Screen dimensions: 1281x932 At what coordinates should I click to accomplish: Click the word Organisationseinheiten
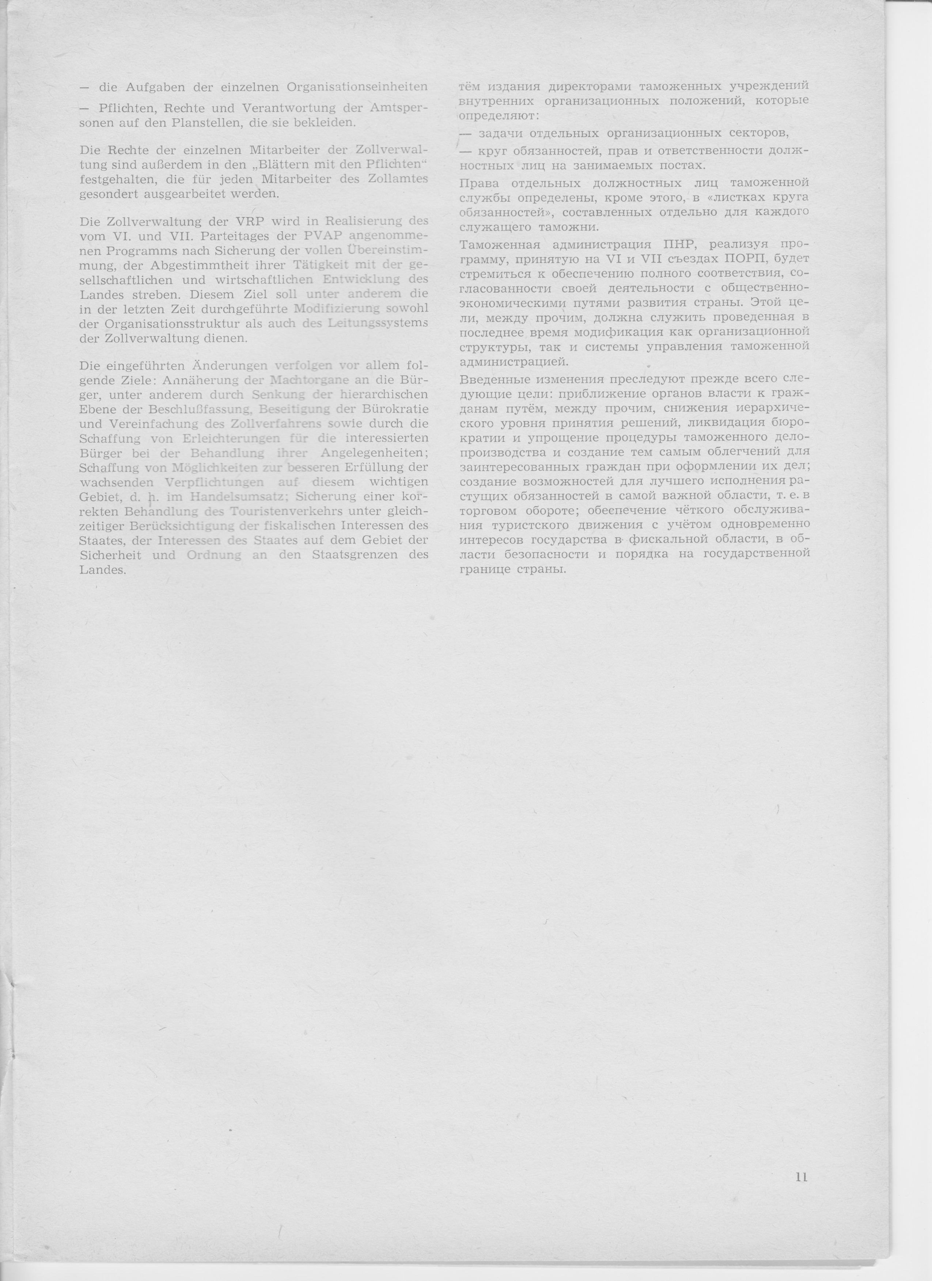click(357, 88)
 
